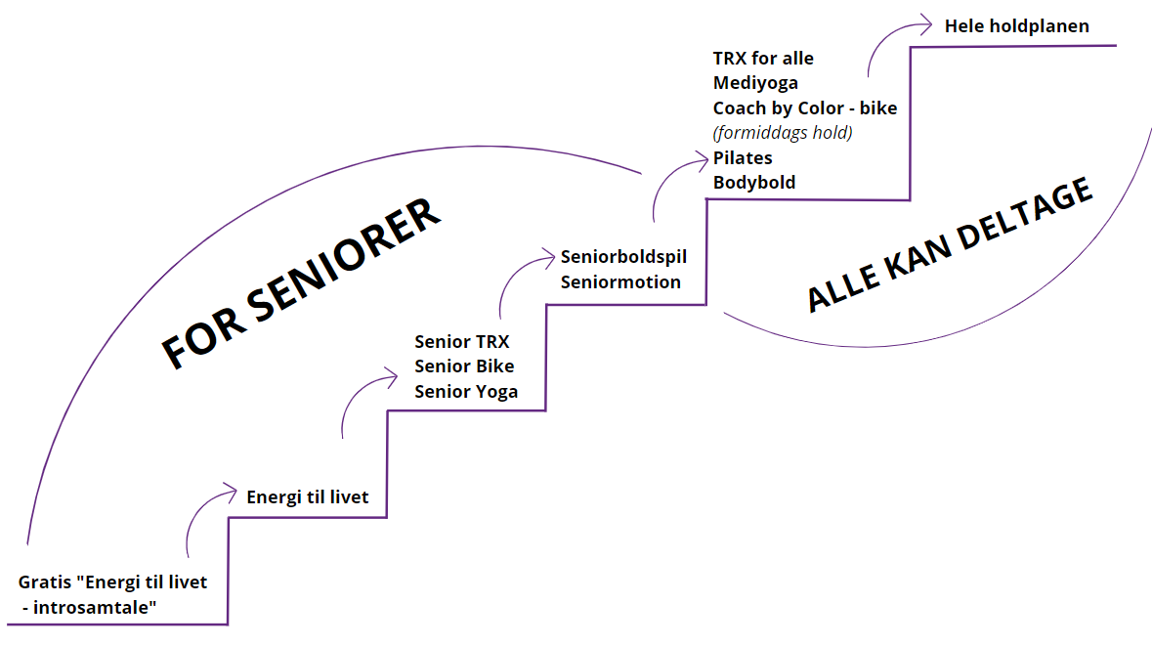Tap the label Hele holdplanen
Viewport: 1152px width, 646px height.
[1016, 26]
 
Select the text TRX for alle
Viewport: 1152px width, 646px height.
[763, 59]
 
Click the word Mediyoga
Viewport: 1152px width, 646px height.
[755, 83]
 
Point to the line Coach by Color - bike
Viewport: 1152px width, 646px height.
[805, 108]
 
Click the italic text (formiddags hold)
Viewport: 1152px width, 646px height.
[782, 133]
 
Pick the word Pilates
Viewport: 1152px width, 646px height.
[743, 157]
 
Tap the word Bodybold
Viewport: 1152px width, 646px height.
[754, 182]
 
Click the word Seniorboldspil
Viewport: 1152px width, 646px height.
[624, 257]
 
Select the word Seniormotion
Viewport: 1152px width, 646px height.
[620, 281]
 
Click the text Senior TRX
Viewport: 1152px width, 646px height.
[462, 342]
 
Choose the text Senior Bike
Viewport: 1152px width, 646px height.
[464, 366]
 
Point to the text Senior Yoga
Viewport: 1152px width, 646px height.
[466, 391]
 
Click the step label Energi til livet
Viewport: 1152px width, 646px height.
[308, 497]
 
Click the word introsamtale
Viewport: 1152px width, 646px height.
[95, 608]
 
